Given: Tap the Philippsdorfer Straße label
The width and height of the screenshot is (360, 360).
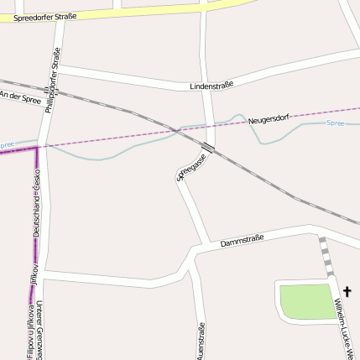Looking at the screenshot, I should (55, 80).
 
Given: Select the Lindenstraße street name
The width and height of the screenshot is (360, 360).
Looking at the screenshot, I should (211, 85).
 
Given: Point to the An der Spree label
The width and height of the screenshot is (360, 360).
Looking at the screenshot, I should (20, 97).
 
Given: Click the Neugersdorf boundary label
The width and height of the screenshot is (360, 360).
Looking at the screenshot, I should (269, 120).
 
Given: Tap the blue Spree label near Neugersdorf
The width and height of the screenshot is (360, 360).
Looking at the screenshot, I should (334, 123).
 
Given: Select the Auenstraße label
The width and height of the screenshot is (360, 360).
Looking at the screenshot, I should (200, 341).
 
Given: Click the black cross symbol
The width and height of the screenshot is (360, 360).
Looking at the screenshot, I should (347, 292).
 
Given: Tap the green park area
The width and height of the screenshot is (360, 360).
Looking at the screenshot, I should (306, 301).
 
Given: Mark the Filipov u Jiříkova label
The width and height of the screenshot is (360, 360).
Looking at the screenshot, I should (31, 331).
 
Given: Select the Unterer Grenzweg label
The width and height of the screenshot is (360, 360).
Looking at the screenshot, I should (43, 331).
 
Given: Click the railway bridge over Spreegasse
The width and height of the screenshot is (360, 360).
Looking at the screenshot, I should (208, 150).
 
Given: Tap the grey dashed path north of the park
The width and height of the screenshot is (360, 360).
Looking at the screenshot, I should (326, 256).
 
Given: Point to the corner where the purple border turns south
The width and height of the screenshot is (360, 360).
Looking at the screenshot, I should (38, 147).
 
